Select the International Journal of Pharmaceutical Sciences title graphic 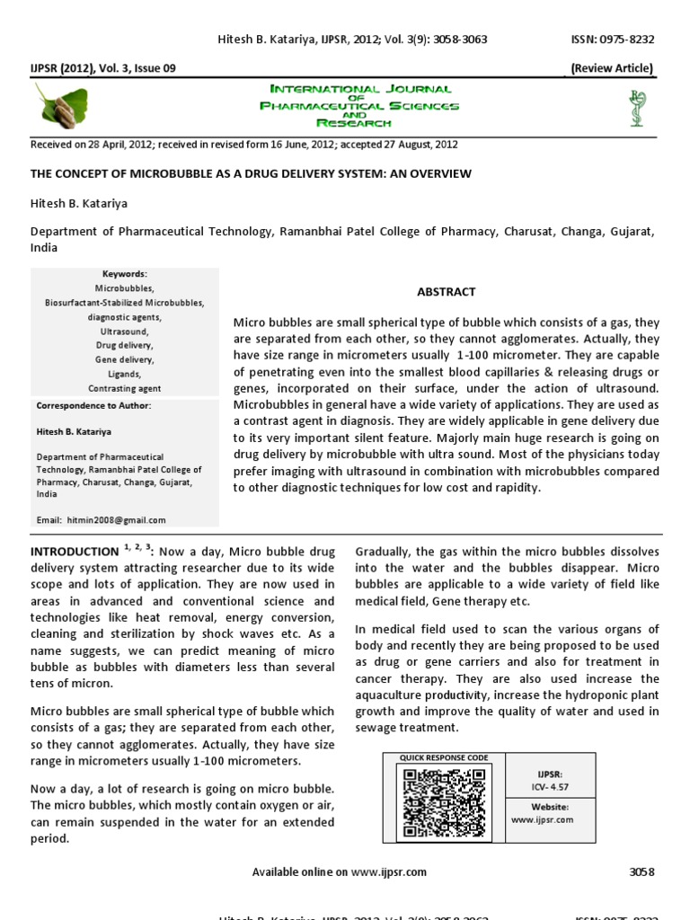(x=358, y=106)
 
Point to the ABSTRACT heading (x=446, y=292)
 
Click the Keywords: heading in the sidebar (x=125, y=273)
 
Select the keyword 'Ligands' (x=125, y=374)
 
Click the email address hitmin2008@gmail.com (x=101, y=519)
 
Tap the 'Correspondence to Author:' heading (x=94, y=406)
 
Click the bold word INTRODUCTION (x=75, y=552)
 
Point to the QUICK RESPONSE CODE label (x=445, y=758)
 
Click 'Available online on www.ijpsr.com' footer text (x=339, y=871)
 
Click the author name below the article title (x=79, y=205)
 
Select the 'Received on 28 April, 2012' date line (x=244, y=145)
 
